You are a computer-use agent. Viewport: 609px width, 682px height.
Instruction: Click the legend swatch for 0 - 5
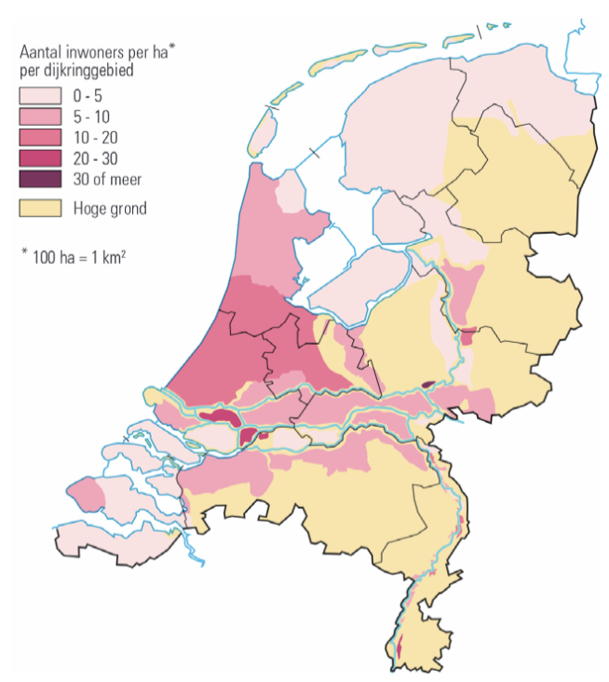point(40,95)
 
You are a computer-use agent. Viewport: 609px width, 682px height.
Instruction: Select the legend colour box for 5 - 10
point(40,116)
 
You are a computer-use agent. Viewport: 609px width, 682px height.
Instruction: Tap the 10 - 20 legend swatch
point(40,137)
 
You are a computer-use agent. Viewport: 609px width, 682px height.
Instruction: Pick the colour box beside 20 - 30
point(40,157)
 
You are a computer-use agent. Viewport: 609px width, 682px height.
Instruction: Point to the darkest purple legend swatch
point(40,178)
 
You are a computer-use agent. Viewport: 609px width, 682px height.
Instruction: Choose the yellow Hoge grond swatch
point(40,208)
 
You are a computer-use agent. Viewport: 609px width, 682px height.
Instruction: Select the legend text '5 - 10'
point(92,116)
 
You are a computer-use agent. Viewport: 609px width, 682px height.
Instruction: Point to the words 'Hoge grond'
point(110,208)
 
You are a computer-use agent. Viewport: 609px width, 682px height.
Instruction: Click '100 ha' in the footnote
point(52,253)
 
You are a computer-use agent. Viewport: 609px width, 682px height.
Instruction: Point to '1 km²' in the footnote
point(108,253)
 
